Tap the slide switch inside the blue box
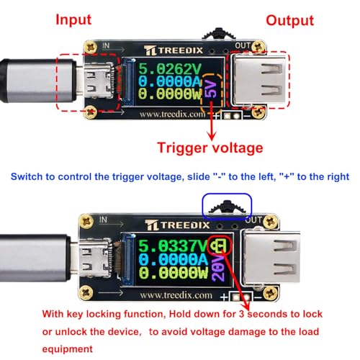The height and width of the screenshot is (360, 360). click(x=228, y=209)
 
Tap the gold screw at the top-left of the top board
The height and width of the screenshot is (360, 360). click(x=91, y=48)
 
